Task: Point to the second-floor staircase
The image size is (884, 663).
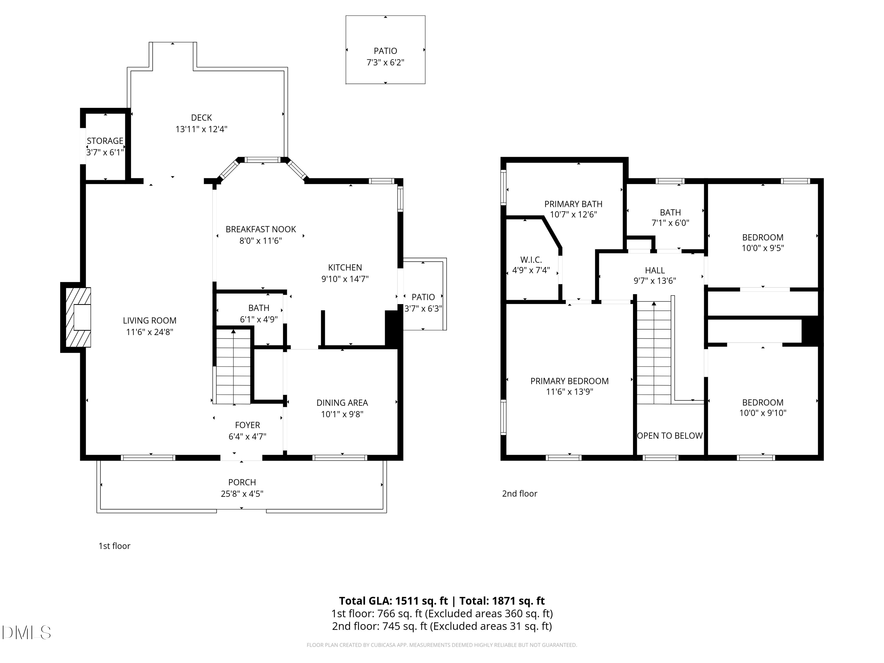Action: coord(654,352)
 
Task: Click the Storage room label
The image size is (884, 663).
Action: coord(105,141)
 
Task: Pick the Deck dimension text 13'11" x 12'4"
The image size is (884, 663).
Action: coord(202,129)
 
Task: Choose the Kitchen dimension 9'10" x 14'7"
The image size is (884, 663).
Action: coord(345,279)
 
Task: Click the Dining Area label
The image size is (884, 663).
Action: coord(342,403)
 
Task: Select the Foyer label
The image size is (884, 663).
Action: coord(248,425)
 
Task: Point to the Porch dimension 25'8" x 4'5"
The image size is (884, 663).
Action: coord(242,494)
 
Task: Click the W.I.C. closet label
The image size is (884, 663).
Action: coord(531,260)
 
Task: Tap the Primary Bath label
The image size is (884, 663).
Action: coord(573,204)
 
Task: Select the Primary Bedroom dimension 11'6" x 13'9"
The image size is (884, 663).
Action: coord(570,392)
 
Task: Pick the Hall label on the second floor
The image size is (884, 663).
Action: coord(655,271)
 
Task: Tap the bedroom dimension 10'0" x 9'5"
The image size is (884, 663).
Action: coord(763,248)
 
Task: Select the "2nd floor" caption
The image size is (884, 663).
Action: coord(519,494)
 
